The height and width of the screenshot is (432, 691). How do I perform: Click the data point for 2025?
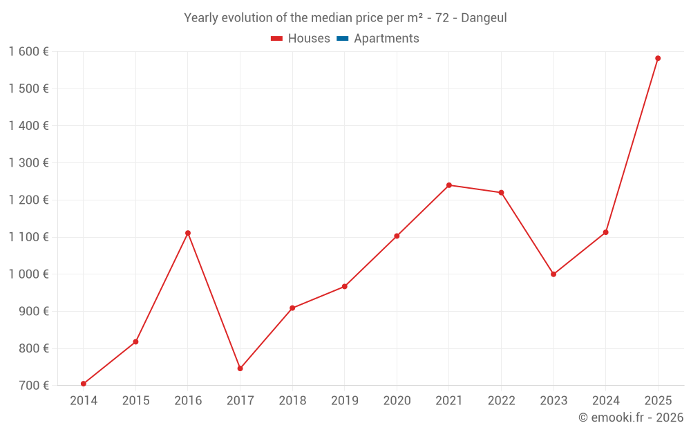pos(658,58)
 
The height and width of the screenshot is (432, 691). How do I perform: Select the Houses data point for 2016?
pos(188,233)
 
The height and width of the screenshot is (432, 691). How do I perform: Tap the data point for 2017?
pos(240,368)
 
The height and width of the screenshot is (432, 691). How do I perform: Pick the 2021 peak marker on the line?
pos(449,185)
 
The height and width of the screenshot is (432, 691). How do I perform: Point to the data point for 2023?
pos(553,274)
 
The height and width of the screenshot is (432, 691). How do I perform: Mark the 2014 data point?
pos(84,384)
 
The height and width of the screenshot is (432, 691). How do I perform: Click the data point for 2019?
pos(345,286)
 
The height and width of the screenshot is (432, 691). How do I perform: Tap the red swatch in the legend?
pos(277,39)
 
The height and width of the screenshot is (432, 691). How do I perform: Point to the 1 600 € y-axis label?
pos(28,52)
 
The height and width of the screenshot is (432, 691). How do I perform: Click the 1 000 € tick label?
pos(28,274)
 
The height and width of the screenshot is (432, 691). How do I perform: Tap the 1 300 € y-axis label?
pos(28,163)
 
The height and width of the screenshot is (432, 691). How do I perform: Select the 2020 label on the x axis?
pos(397,401)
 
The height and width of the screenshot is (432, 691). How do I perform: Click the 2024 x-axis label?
pos(605,401)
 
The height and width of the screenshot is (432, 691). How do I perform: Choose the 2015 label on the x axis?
pos(135,401)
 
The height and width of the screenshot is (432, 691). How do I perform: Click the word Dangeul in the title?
pos(484,18)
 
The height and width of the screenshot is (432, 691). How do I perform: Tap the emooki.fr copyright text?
pos(631,417)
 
